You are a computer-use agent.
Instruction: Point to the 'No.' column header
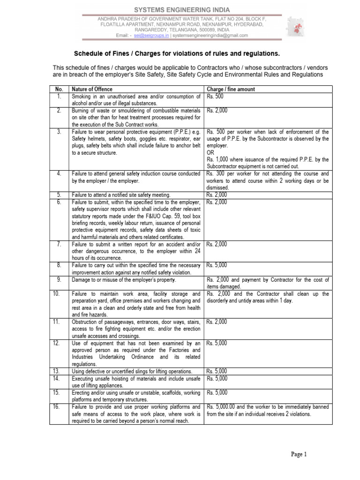tap(59, 89)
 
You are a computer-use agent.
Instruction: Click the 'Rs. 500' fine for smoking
tap(215, 96)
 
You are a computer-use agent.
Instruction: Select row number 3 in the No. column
tap(59, 132)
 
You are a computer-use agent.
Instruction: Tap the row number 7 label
tap(59, 244)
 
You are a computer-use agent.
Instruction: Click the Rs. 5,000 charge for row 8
tap(217, 265)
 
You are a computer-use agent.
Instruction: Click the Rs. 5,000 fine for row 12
tap(217, 343)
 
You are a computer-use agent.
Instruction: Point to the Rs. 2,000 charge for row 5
tap(217, 195)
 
